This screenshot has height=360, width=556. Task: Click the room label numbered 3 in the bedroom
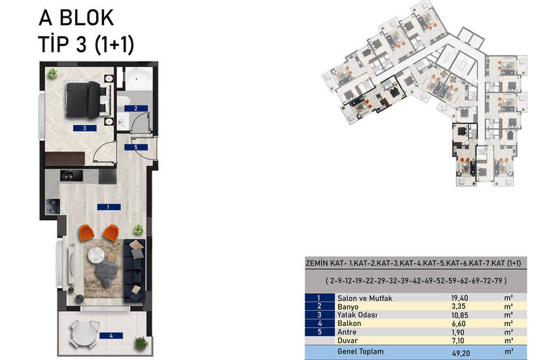85,128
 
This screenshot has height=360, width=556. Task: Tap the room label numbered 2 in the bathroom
136,108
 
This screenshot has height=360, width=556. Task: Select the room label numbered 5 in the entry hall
136,147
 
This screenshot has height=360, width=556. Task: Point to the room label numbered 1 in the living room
109,207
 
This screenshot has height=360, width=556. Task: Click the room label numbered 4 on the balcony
111,335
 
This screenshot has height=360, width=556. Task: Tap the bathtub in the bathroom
138,79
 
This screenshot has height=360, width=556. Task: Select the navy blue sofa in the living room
134,270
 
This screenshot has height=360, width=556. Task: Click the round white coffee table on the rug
96,255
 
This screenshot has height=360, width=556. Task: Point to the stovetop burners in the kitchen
52,206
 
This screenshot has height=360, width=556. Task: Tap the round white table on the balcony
84,333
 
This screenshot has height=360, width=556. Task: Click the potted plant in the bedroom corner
53,73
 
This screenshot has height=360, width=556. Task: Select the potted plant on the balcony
141,344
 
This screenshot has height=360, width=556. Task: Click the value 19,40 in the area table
460,298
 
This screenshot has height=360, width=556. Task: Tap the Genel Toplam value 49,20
461,353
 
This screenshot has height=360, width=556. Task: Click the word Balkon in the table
349,323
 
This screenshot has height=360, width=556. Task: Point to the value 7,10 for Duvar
458,340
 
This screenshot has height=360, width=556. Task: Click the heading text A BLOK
77,18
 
